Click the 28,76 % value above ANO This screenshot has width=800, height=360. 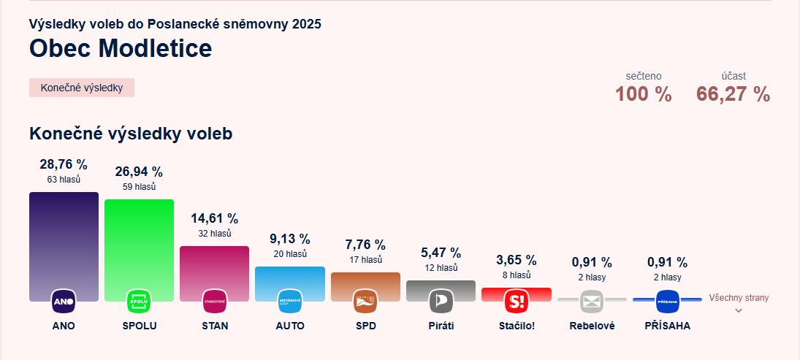[64, 164]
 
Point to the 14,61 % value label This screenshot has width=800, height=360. [215, 218]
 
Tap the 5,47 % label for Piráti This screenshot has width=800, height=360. [441, 253]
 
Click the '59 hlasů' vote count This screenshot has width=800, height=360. [139, 187]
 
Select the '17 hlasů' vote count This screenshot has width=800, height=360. [365, 260]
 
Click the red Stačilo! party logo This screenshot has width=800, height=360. [517, 301]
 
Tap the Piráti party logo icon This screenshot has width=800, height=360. [441, 301]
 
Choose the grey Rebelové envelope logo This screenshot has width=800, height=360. [592, 301]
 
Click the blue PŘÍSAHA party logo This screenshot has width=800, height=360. [668, 301]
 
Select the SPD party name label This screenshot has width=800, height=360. [365, 326]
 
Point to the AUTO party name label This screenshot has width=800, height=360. [290, 326]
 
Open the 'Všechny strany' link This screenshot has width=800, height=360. [739, 299]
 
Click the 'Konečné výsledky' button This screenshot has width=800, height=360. [82, 88]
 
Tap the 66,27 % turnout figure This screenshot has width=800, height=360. [733, 94]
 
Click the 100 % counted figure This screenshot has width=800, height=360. [643, 94]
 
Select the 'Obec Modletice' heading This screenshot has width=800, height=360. [121, 48]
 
